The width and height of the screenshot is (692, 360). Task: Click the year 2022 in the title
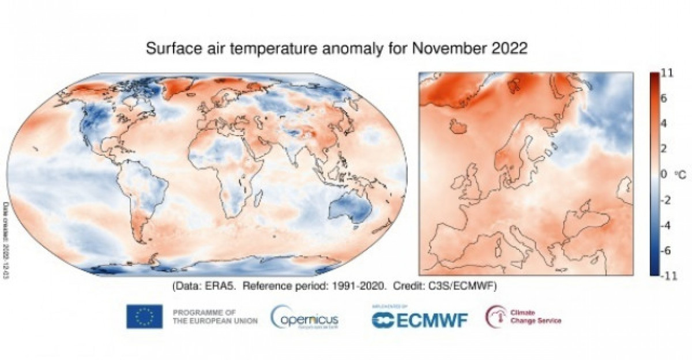(x=507, y=48)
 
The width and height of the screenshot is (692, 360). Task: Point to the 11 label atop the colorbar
(x=667, y=73)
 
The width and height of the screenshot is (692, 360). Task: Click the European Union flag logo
(x=144, y=316)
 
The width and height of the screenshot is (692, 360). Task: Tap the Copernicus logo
(x=306, y=318)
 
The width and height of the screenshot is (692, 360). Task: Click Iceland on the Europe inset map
(x=460, y=125)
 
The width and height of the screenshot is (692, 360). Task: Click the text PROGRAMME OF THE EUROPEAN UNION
(x=215, y=316)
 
